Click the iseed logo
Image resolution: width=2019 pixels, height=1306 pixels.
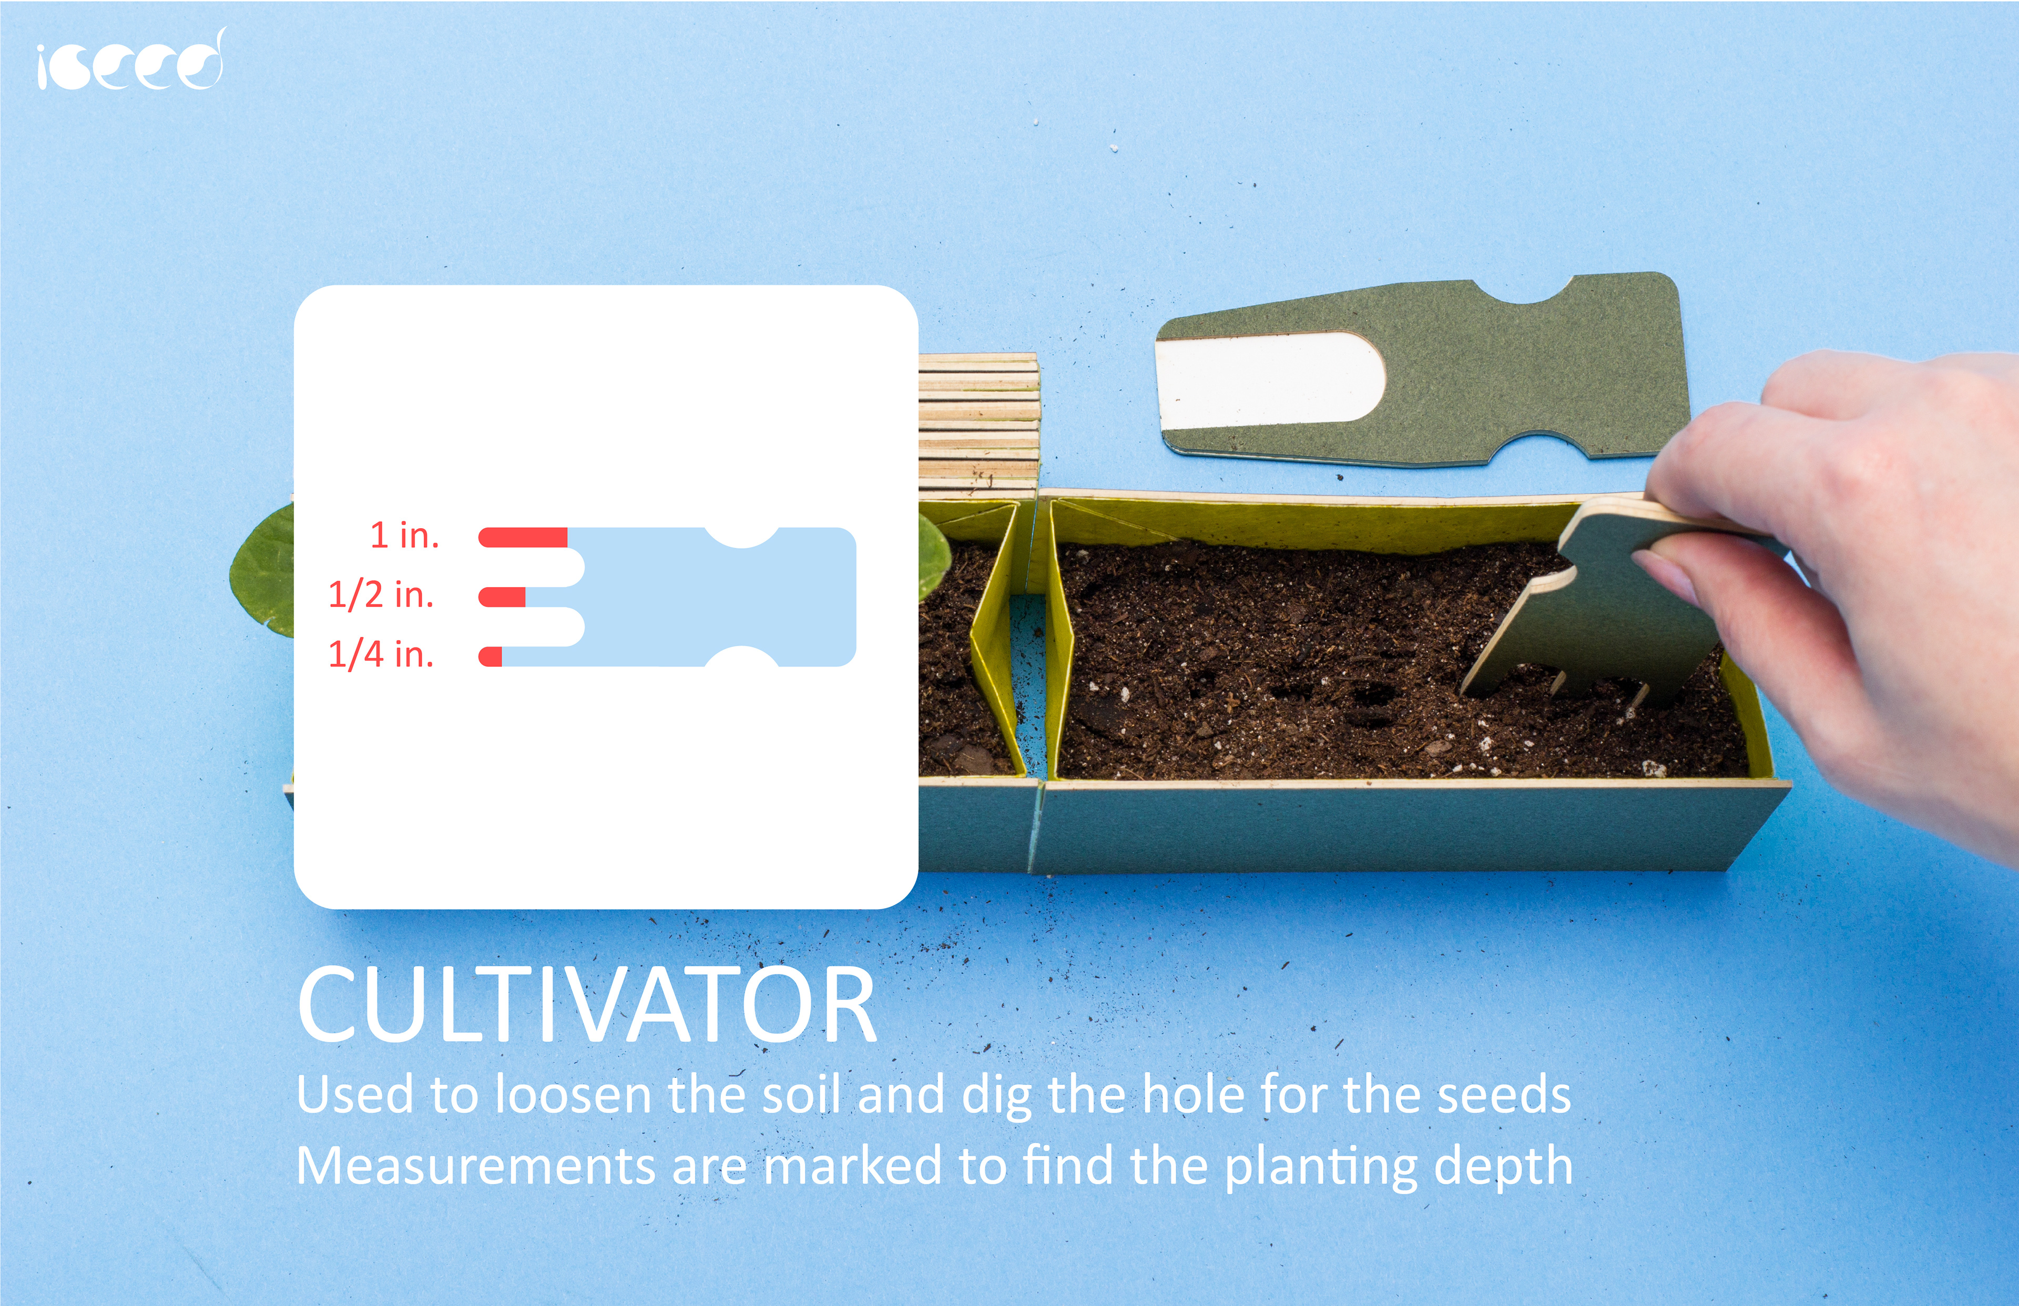[130, 59]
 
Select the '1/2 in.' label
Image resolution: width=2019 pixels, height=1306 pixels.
[381, 594]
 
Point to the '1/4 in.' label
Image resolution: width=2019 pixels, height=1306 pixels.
[381, 654]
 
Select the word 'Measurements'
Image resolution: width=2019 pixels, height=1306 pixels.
[475, 1166]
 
